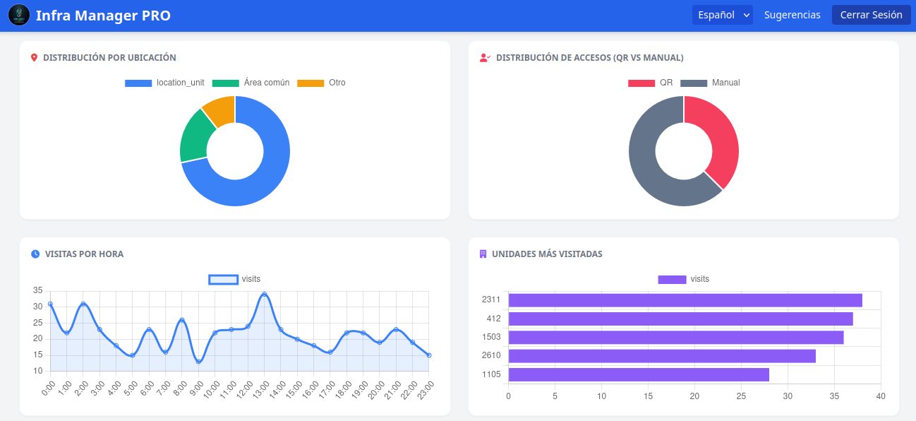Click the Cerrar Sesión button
871,15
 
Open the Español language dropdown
722,15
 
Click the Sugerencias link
792,15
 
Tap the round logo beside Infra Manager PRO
19,15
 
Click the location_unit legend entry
164,83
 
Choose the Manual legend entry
711,83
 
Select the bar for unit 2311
685,300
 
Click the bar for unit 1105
638,374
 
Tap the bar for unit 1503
675,338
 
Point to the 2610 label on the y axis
491,356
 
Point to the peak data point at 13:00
264,294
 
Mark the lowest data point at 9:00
198,362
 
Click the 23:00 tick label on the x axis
426,391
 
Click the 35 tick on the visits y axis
37,290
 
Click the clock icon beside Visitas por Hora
35,254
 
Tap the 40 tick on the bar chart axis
880,396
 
